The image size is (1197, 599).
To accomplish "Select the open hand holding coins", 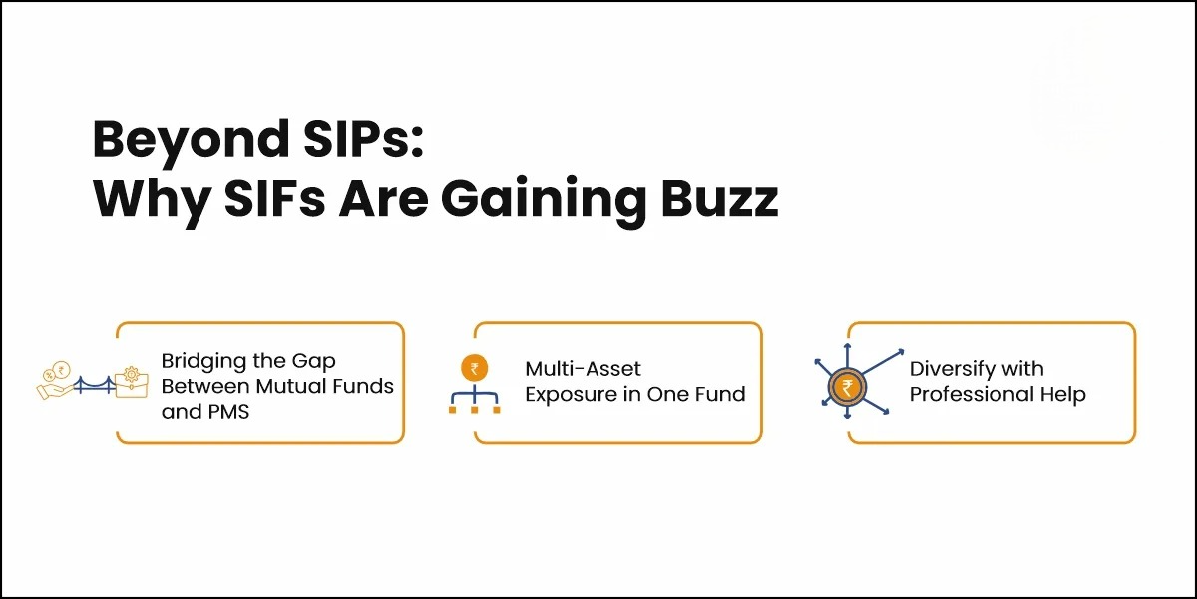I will click(53, 381).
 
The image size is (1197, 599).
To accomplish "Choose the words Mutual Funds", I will click(329, 385).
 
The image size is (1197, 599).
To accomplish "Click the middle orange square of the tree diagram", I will click(474, 409).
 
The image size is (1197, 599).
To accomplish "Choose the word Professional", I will click(972, 395).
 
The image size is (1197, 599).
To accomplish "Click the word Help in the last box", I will click(1062, 395).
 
